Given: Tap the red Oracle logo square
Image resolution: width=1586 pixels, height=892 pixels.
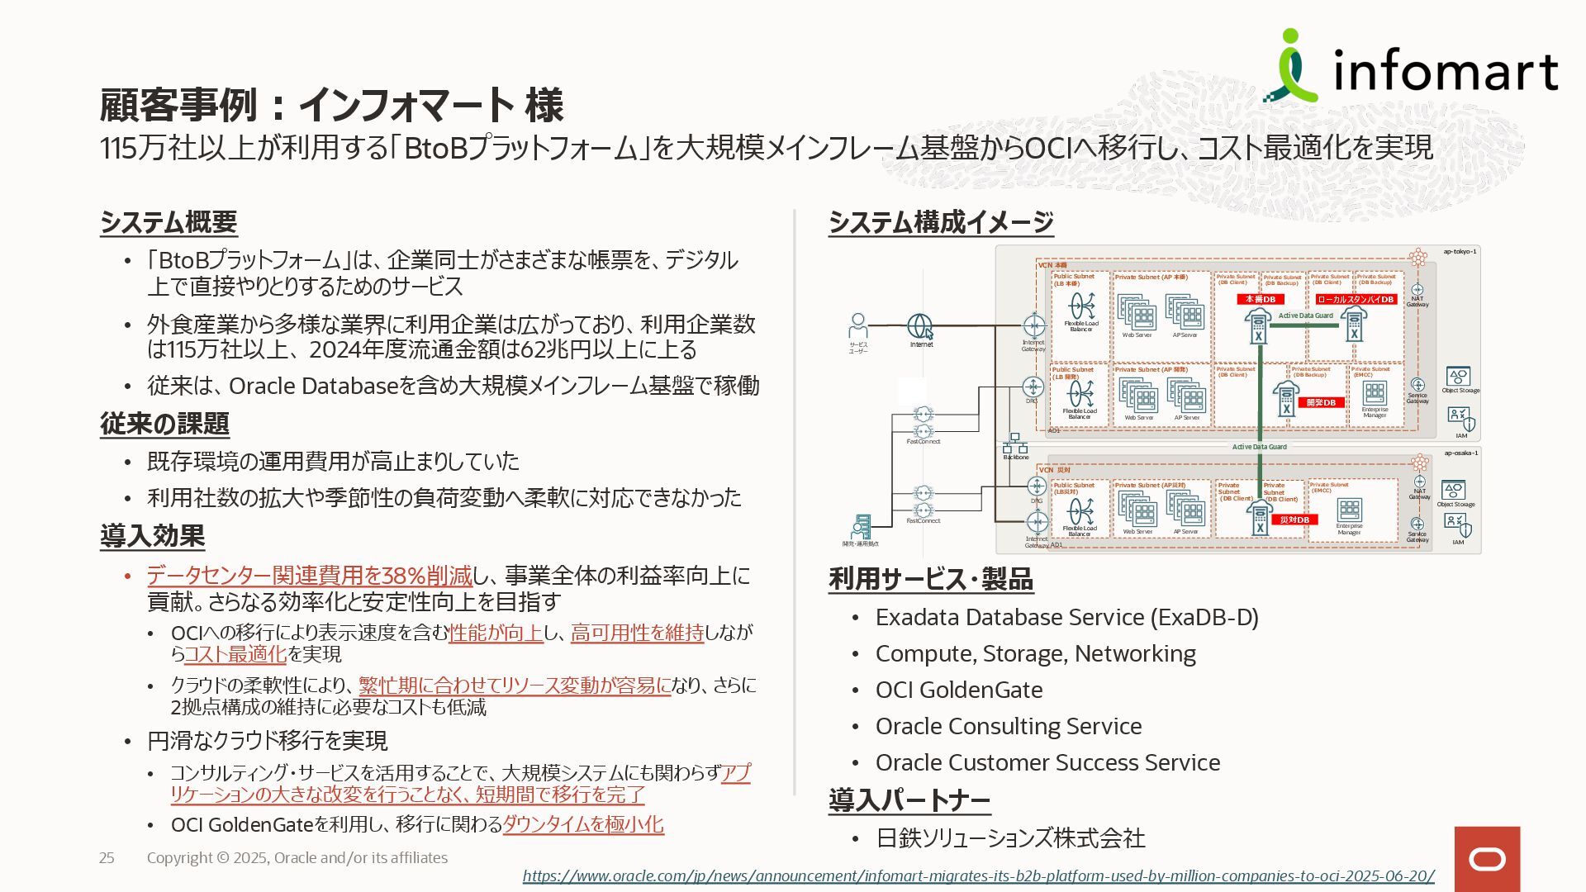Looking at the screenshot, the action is (x=1487, y=859).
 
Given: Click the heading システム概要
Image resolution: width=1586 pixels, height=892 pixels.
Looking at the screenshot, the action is (x=169, y=222).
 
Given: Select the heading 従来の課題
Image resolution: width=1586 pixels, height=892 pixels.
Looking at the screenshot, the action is (x=164, y=424).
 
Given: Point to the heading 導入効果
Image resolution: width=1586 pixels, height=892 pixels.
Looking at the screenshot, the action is (x=152, y=536).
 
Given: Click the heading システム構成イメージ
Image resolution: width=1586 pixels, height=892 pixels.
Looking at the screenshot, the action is (x=941, y=222).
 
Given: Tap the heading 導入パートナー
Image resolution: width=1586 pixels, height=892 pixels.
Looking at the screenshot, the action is (x=909, y=800).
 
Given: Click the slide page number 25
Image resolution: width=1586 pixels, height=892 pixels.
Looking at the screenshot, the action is (x=107, y=858).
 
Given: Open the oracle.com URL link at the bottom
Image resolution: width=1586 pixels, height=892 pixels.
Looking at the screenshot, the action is (x=978, y=875).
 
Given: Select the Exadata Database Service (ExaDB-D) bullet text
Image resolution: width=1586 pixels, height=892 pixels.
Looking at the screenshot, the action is (x=1066, y=618).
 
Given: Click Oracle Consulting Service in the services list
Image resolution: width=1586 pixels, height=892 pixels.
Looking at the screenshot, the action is (x=1009, y=727).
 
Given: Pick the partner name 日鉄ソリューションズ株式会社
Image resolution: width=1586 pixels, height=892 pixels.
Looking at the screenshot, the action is (x=1010, y=838).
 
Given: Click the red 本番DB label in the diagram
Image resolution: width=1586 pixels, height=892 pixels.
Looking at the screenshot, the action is (x=1261, y=299).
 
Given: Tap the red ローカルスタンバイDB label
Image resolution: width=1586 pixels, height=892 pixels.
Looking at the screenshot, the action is (x=1356, y=300).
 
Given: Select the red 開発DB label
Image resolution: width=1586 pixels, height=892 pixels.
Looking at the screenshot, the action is (x=1321, y=403).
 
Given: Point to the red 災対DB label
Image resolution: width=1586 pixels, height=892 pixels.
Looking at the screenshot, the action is (x=1294, y=520).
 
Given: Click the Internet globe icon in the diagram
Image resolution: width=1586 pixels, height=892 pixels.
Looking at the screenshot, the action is (x=920, y=326).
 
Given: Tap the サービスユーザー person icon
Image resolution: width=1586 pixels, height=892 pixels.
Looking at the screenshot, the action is (x=858, y=325).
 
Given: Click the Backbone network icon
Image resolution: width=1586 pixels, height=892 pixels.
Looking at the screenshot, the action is (x=1015, y=444).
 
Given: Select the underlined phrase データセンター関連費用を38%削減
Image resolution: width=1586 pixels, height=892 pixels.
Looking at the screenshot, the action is (x=309, y=576).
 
